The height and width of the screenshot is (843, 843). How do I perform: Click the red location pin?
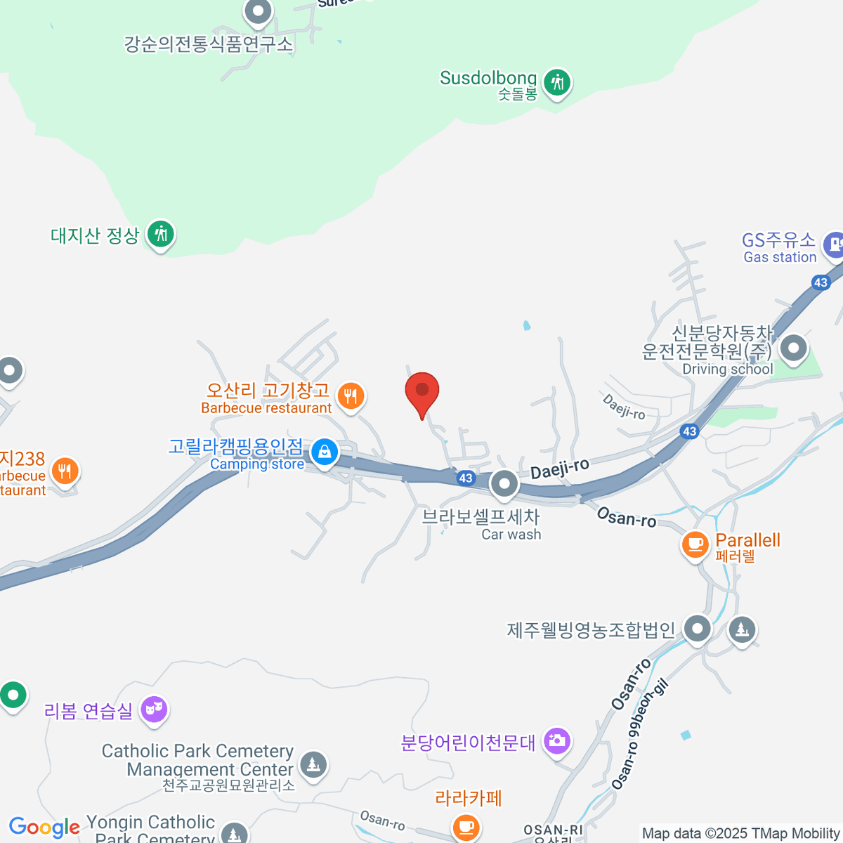422,391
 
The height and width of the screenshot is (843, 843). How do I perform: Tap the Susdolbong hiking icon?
558,83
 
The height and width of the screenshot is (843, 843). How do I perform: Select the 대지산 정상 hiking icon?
161,234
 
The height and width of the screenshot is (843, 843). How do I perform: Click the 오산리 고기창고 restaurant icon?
351,396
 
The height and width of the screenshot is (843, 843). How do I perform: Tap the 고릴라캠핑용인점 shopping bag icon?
325,452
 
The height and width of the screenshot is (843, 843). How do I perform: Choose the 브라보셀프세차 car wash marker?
504,483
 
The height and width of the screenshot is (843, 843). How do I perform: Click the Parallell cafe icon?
695,544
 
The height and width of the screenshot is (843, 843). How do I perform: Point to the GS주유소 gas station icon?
834,244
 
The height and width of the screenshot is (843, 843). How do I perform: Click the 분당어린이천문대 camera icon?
557,740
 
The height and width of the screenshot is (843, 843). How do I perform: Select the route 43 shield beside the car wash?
466,478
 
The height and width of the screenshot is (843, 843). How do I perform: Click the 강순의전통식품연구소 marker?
258,11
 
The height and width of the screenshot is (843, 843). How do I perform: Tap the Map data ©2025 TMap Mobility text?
741,833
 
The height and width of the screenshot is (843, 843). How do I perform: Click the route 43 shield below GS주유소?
821,282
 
